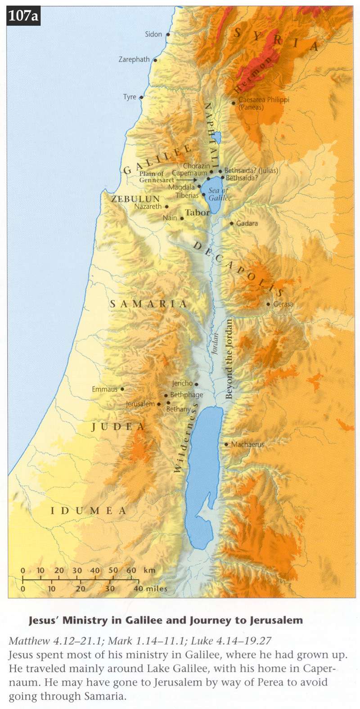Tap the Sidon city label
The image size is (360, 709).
tap(153, 34)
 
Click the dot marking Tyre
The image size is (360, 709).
tap(141, 97)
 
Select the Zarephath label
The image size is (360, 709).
tap(134, 59)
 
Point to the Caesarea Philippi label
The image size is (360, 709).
tap(263, 100)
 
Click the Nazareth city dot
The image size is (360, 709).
tap(167, 207)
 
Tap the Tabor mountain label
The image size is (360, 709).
tap(198, 213)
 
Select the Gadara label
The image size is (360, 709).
tap(247, 223)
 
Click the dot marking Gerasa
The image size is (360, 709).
tap(268, 304)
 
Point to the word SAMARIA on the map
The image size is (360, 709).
tap(148, 304)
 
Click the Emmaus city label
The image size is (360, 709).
tap(104, 389)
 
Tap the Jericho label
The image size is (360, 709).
tap(182, 384)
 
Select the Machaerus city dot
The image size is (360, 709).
tap(226, 444)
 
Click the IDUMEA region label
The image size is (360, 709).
tap(88, 510)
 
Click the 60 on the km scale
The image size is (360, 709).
tap(131, 570)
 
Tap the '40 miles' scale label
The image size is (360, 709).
tap(150, 588)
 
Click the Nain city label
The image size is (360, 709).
tap(170, 218)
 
